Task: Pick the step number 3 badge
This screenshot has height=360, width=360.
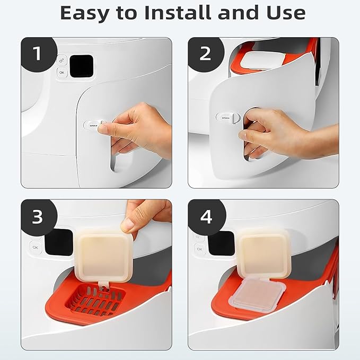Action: [x=37, y=216]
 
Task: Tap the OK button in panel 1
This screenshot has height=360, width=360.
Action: [x=62, y=72]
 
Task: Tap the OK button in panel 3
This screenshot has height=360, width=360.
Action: [x=36, y=247]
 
